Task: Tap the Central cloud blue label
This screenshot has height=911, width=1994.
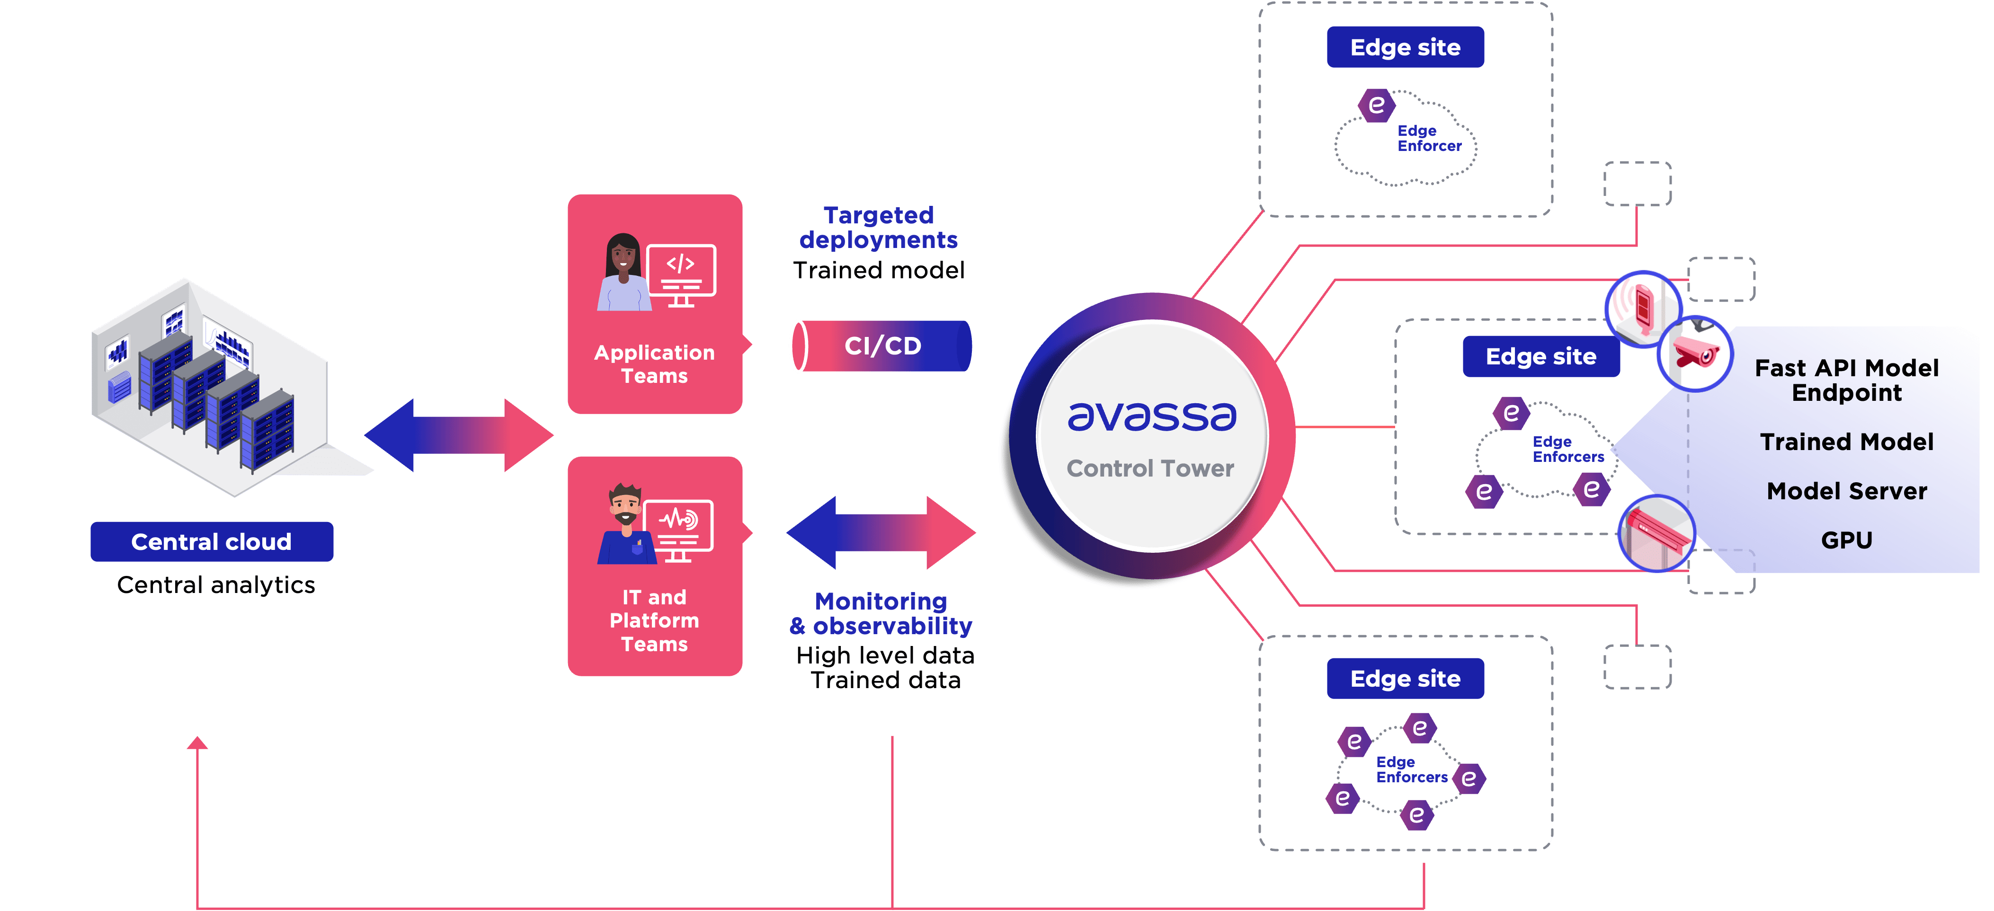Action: (211, 542)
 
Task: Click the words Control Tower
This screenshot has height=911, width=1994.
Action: (1150, 468)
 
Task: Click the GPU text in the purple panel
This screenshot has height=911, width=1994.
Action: (1846, 540)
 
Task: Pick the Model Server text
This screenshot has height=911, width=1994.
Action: (1846, 491)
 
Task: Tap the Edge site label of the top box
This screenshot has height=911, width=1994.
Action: (1405, 47)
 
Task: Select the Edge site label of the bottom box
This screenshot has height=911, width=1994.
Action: (1405, 679)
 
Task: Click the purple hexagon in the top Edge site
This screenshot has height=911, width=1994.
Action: (1376, 105)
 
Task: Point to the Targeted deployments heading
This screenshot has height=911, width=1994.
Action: (879, 228)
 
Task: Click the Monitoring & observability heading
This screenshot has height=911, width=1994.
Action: (881, 613)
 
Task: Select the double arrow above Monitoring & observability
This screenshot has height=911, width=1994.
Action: (881, 532)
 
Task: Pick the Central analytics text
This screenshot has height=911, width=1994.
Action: (216, 585)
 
